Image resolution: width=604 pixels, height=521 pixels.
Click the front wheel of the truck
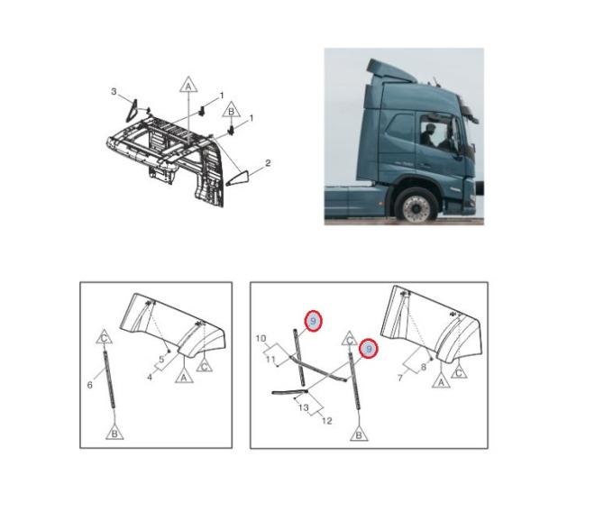tap(416, 205)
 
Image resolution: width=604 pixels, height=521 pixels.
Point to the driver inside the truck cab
tap(428, 134)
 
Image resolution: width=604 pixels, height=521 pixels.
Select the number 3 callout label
tap(114, 92)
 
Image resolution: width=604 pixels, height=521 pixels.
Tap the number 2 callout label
tap(268, 163)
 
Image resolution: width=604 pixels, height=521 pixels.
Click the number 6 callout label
tap(90, 385)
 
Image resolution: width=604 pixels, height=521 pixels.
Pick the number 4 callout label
tap(150, 377)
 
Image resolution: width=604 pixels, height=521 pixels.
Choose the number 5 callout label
tap(161, 360)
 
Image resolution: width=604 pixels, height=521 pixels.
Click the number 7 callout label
tap(400, 379)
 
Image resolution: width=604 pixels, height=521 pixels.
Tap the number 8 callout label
tap(424, 367)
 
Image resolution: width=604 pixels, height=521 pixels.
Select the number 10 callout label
tap(261, 339)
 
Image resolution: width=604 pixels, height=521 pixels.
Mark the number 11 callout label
tap(270, 360)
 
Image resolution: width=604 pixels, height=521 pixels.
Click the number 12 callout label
tap(326, 421)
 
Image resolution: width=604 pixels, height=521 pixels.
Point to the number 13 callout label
tap(304, 407)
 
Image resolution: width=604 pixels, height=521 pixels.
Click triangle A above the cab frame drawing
tap(188, 85)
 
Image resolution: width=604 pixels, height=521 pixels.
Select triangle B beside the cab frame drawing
tap(231, 109)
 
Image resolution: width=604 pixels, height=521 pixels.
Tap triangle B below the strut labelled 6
tap(114, 432)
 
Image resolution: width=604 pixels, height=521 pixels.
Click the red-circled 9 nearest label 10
tap(313, 321)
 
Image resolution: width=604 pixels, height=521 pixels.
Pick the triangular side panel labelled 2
tap(238, 178)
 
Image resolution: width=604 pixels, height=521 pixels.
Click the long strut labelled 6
tap(109, 379)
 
